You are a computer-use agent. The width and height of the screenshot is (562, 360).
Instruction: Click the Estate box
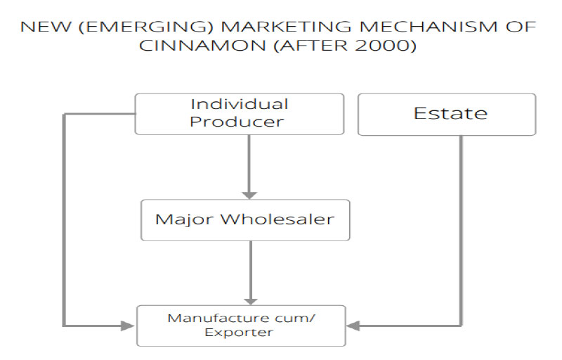point(447,114)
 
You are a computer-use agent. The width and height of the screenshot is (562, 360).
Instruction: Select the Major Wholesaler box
point(245,220)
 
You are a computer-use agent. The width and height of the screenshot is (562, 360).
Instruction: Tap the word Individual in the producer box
point(240,104)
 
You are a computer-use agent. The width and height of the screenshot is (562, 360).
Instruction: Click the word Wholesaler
point(278,219)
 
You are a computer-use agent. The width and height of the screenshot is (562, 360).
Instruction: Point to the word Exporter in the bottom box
point(238,333)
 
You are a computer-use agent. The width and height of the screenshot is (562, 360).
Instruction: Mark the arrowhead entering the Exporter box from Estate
point(353,326)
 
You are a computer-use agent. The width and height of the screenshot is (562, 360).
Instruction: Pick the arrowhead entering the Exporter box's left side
point(128,326)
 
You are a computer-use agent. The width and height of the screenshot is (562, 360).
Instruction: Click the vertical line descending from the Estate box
point(462,225)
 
